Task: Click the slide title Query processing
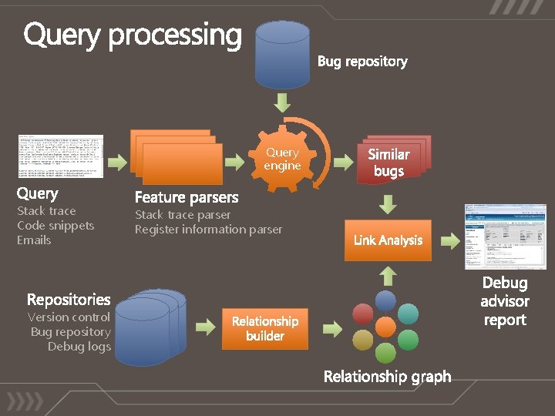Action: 133,35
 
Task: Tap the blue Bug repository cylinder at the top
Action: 282,55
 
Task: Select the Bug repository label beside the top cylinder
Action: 362,62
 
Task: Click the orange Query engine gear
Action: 282,160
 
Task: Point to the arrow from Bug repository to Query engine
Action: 282,102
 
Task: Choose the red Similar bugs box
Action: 392,160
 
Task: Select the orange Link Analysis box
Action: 388,240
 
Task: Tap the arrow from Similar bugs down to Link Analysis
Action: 388,203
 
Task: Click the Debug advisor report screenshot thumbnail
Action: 505,237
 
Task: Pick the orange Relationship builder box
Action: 265,329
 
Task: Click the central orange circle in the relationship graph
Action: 385,327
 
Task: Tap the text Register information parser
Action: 208,230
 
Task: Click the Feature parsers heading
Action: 187,197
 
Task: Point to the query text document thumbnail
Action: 60,156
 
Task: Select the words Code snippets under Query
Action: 55,226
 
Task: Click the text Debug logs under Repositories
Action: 79,347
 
